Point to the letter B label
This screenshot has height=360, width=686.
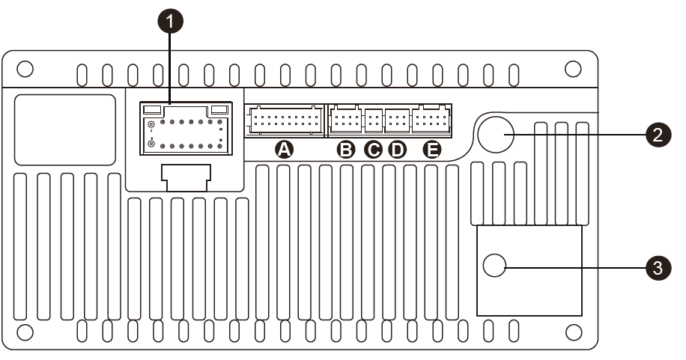point(346,150)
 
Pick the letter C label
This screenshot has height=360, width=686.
point(372,150)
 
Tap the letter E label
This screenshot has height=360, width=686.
point(432,150)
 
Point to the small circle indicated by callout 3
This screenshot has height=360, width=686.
point(496,266)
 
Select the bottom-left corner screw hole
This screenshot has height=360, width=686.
point(25,331)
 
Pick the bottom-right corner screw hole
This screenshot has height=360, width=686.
point(573,331)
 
